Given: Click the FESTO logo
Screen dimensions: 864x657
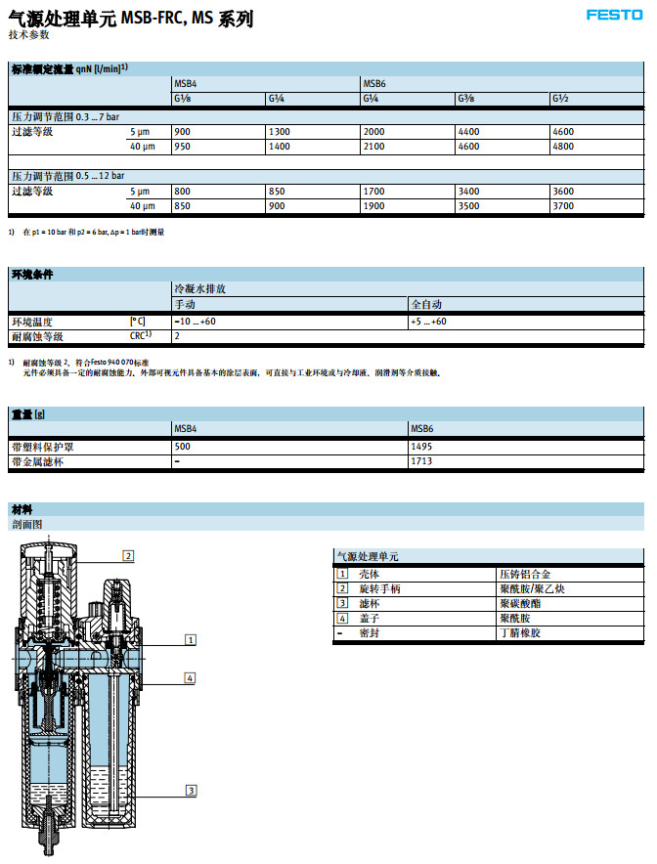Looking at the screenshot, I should click(x=614, y=15).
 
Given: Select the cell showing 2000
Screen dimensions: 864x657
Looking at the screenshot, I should click(x=373, y=131).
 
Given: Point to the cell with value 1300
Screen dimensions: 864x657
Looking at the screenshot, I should click(x=279, y=131).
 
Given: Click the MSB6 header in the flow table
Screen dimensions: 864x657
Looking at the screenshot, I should click(x=374, y=84).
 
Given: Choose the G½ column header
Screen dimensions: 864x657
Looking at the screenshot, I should click(x=559, y=99).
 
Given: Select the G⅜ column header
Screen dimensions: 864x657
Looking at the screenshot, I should click(x=465, y=99).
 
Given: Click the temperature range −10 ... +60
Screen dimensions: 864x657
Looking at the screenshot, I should click(x=195, y=322).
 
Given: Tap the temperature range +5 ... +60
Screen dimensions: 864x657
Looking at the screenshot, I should click(x=428, y=322).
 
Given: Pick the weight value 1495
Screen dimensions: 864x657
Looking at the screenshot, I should click(x=421, y=446).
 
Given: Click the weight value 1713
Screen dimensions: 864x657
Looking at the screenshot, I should click(x=421, y=460).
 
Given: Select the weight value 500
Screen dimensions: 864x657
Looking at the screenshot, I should click(x=182, y=446).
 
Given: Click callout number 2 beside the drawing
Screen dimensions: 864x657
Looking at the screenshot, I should click(x=128, y=555).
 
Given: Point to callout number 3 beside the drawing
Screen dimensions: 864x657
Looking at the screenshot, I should click(x=192, y=791).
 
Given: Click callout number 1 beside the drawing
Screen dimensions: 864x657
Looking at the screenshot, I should click(x=191, y=639).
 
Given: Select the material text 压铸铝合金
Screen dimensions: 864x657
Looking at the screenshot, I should click(x=518, y=574).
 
